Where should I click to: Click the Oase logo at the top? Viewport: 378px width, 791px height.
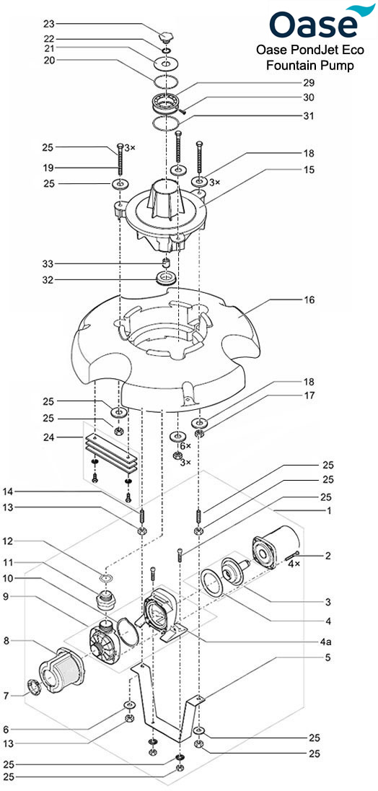click(x=315, y=23)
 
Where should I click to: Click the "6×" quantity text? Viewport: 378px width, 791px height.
click(x=185, y=447)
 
